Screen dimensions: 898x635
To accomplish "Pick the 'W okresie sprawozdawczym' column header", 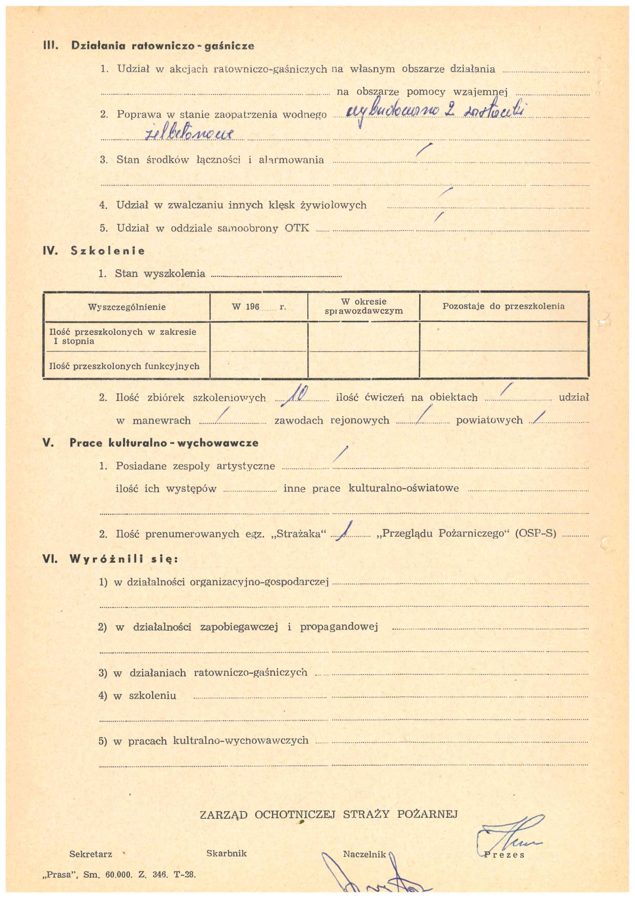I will point(364,306).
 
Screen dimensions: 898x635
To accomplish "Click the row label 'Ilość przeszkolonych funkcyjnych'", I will point(124,366).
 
